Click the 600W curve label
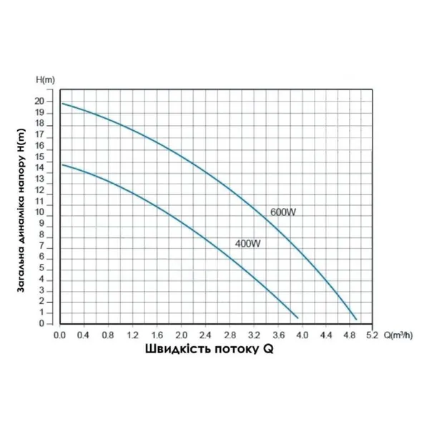pos(282,212)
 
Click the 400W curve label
pos(247,244)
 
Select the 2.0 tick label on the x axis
pos(182,335)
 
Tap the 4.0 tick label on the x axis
pos(302,335)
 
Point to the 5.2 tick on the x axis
pos(373,335)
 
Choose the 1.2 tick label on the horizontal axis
pos(134,335)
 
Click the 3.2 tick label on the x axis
pos(254,335)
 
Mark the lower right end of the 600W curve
pos(356,319)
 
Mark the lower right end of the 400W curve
pos(297,317)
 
